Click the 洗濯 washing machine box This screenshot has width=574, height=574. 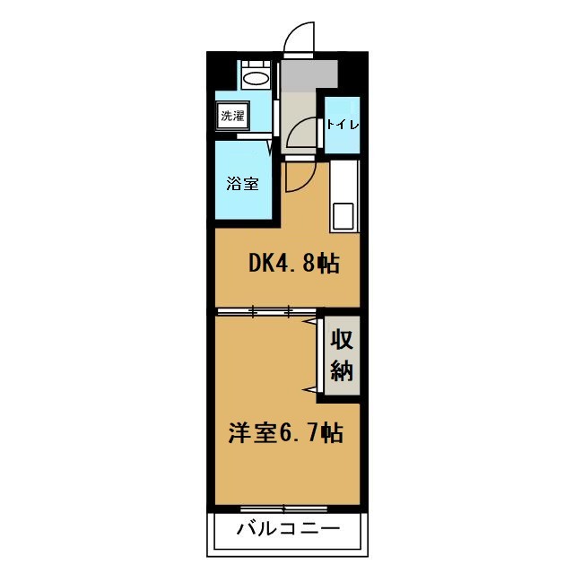[232, 116]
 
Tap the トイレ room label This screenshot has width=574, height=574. [343, 125]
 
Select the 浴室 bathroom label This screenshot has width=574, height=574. [242, 183]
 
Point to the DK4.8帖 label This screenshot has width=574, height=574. [294, 263]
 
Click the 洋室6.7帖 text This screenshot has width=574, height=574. [286, 433]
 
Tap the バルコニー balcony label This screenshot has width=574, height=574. [289, 529]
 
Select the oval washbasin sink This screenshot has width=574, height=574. [256, 78]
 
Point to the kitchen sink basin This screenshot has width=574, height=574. [343, 216]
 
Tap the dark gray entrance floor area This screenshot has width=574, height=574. [309, 74]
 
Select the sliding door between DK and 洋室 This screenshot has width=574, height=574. [266, 311]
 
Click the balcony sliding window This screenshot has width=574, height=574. [284, 509]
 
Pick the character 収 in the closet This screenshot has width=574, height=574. [342, 340]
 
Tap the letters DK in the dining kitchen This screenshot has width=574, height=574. [262, 263]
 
